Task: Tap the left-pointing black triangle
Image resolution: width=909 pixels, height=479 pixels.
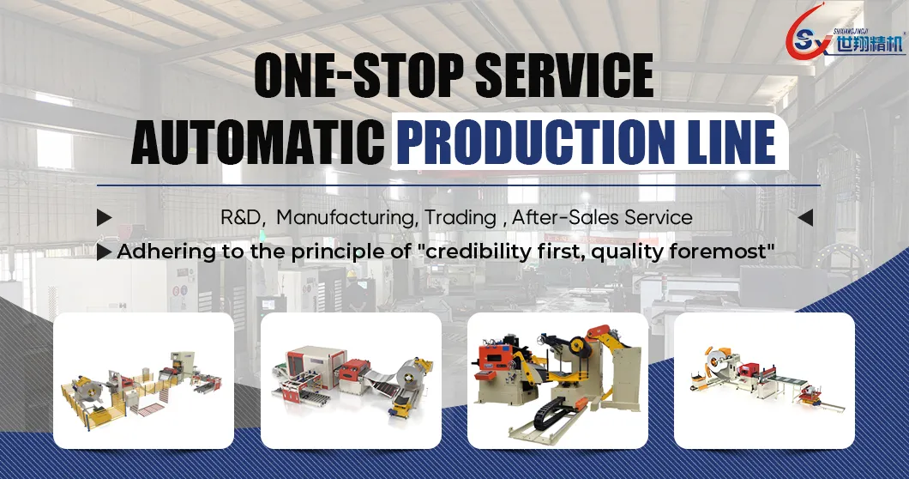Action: point(804,217)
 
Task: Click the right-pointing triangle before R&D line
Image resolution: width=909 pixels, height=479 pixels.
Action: point(104,217)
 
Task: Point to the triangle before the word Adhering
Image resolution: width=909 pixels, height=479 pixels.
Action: point(104,252)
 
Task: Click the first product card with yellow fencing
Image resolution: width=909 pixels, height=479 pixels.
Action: point(144,380)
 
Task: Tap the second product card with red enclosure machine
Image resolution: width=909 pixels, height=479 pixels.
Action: point(351,380)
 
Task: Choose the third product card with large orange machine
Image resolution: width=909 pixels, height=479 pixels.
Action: point(557,380)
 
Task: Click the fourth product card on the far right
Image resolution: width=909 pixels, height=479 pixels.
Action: point(764,380)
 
